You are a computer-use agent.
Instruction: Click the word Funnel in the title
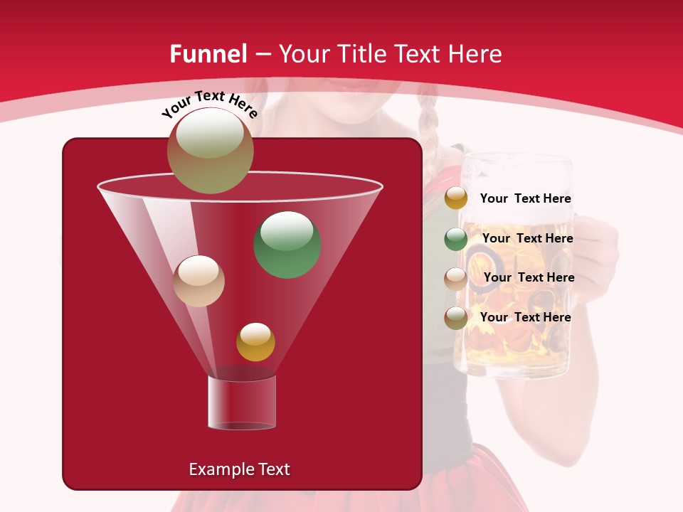pyautogui.click(x=208, y=54)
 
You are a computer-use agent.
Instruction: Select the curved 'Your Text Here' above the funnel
pyautogui.click(x=209, y=104)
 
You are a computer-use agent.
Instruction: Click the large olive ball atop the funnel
pyautogui.click(x=210, y=150)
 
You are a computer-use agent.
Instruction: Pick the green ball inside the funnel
pyautogui.click(x=287, y=245)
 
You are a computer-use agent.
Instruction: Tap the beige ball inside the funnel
pyautogui.click(x=199, y=281)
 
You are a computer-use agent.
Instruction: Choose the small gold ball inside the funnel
pyautogui.click(x=255, y=342)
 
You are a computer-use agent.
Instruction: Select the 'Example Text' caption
pyautogui.click(x=239, y=469)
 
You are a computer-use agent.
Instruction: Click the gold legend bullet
pyautogui.click(x=456, y=198)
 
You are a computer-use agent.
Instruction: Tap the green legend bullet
pyautogui.click(x=456, y=239)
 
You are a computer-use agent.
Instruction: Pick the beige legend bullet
pyautogui.click(x=456, y=278)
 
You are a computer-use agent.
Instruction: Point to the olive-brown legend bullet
pyautogui.click(x=456, y=318)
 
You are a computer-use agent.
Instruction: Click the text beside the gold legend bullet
pyautogui.click(x=525, y=199)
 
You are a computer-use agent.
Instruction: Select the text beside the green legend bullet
pyautogui.click(x=527, y=238)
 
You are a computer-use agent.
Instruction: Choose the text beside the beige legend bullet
pyautogui.click(x=529, y=277)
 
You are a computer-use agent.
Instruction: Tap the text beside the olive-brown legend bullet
pyautogui.click(x=525, y=317)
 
